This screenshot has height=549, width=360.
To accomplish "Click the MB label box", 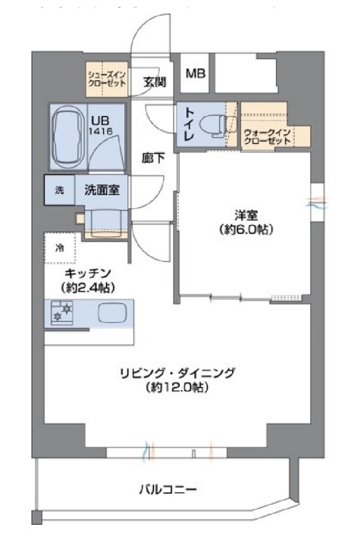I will tap(196, 74).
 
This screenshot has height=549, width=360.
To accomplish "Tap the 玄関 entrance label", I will tap(155, 83).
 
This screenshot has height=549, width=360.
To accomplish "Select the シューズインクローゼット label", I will tap(106, 78).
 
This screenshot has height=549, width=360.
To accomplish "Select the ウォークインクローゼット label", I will tap(267, 137).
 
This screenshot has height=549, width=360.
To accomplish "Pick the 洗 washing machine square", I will tap(59, 190).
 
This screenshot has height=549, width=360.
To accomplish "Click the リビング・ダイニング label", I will tap(178, 373).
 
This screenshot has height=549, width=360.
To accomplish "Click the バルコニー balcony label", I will tap(167, 489).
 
